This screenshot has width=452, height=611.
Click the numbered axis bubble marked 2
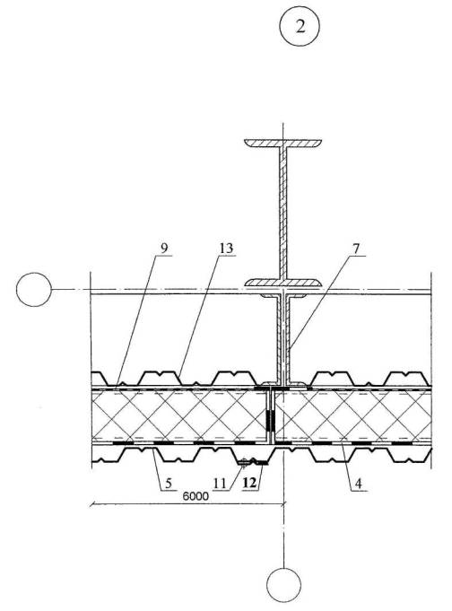(x=300, y=26)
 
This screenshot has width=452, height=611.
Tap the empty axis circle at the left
(x=34, y=289)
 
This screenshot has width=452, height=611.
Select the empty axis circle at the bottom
(x=283, y=585)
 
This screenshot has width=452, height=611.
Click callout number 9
(x=164, y=249)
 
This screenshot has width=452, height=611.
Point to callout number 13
(x=226, y=249)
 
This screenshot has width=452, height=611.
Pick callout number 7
(x=357, y=249)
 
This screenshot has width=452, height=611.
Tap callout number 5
(x=168, y=484)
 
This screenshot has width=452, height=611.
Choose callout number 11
(x=220, y=484)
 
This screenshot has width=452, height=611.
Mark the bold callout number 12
(x=249, y=484)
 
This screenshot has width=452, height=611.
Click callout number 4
(x=358, y=484)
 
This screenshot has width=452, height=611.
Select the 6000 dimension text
(x=196, y=496)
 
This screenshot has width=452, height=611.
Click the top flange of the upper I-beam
(x=282, y=143)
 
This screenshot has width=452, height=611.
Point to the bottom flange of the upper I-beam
(x=282, y=283)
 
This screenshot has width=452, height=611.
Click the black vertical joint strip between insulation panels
(x=270, y=420)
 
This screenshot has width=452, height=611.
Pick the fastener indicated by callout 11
(x=244, y=463)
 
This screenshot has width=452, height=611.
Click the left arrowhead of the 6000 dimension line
(x=92, y=504)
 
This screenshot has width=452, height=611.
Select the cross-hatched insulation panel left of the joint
(x=178, y=416)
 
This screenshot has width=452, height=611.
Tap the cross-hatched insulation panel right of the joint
(x=352, y=416)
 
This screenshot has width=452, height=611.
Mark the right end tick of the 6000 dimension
(x=283, y=504)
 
